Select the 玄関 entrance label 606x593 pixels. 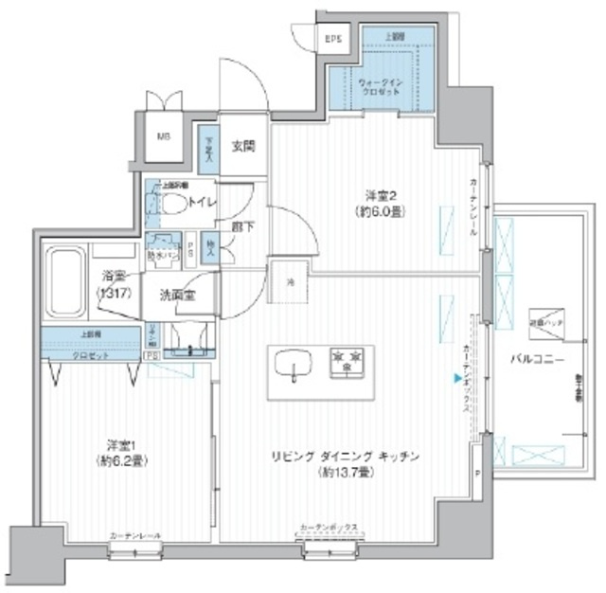(242, 146)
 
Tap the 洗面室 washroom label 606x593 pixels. (176, 295)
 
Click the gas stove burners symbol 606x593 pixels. (348, 360)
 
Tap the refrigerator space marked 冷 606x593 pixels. (291, 279)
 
